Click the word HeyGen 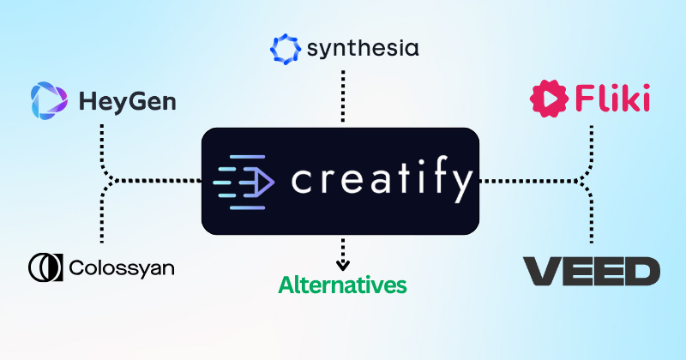click(x=127, y=102)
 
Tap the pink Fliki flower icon click(x=548, y=99)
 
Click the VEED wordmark click(x=592, y=271)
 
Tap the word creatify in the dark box click(x=382, y=181)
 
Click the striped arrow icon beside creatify click(x=243, y=182)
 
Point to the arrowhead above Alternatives click(x=343, y=264)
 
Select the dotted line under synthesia click(x=343, y=99)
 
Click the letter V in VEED click(x=541, y=271)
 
